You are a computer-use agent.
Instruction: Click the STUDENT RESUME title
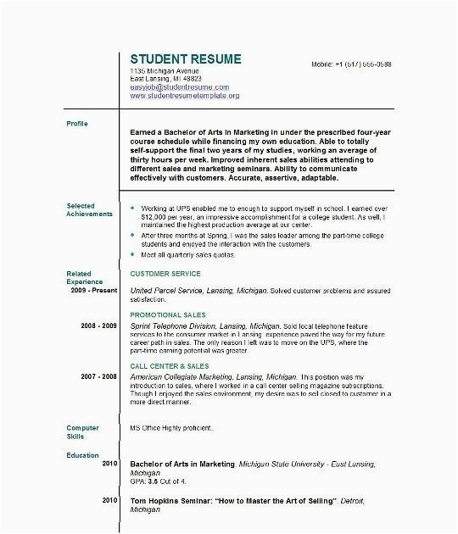point(185,59)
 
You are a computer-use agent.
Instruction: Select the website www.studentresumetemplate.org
point(185,96)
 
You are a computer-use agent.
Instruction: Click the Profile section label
point(77,124)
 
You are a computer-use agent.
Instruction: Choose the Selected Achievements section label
point(88,210)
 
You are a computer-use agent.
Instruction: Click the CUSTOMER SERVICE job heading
point(165,274)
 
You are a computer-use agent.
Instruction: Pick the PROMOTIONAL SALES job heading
point(169,314)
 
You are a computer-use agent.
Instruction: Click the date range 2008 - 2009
point(99,325)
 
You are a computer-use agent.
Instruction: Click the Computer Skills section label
point(82,432)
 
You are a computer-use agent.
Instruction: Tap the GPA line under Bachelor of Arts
point(157,474)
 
